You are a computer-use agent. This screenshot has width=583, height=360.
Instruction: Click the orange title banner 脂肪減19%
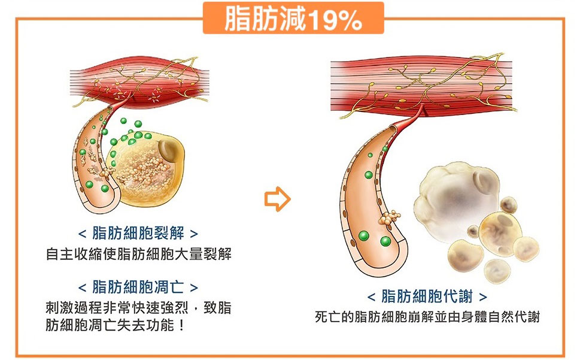click(293, 19)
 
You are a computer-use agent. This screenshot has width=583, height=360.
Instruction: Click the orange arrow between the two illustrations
click(277, 199)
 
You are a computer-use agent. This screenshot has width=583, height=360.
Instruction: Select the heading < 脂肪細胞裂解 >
click(138, 233)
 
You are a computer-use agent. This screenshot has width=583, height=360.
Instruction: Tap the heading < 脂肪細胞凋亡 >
click(138, 286)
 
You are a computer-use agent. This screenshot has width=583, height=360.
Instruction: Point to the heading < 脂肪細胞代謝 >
click(427, 297)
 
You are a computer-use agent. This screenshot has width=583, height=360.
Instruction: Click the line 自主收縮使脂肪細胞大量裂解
click(138, 254)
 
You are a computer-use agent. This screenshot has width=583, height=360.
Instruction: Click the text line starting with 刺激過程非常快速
click(138, 308)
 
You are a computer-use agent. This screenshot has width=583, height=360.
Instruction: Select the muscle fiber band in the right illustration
click(422, 84)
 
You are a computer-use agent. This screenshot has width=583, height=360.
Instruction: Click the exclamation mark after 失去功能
click(181, 327)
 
